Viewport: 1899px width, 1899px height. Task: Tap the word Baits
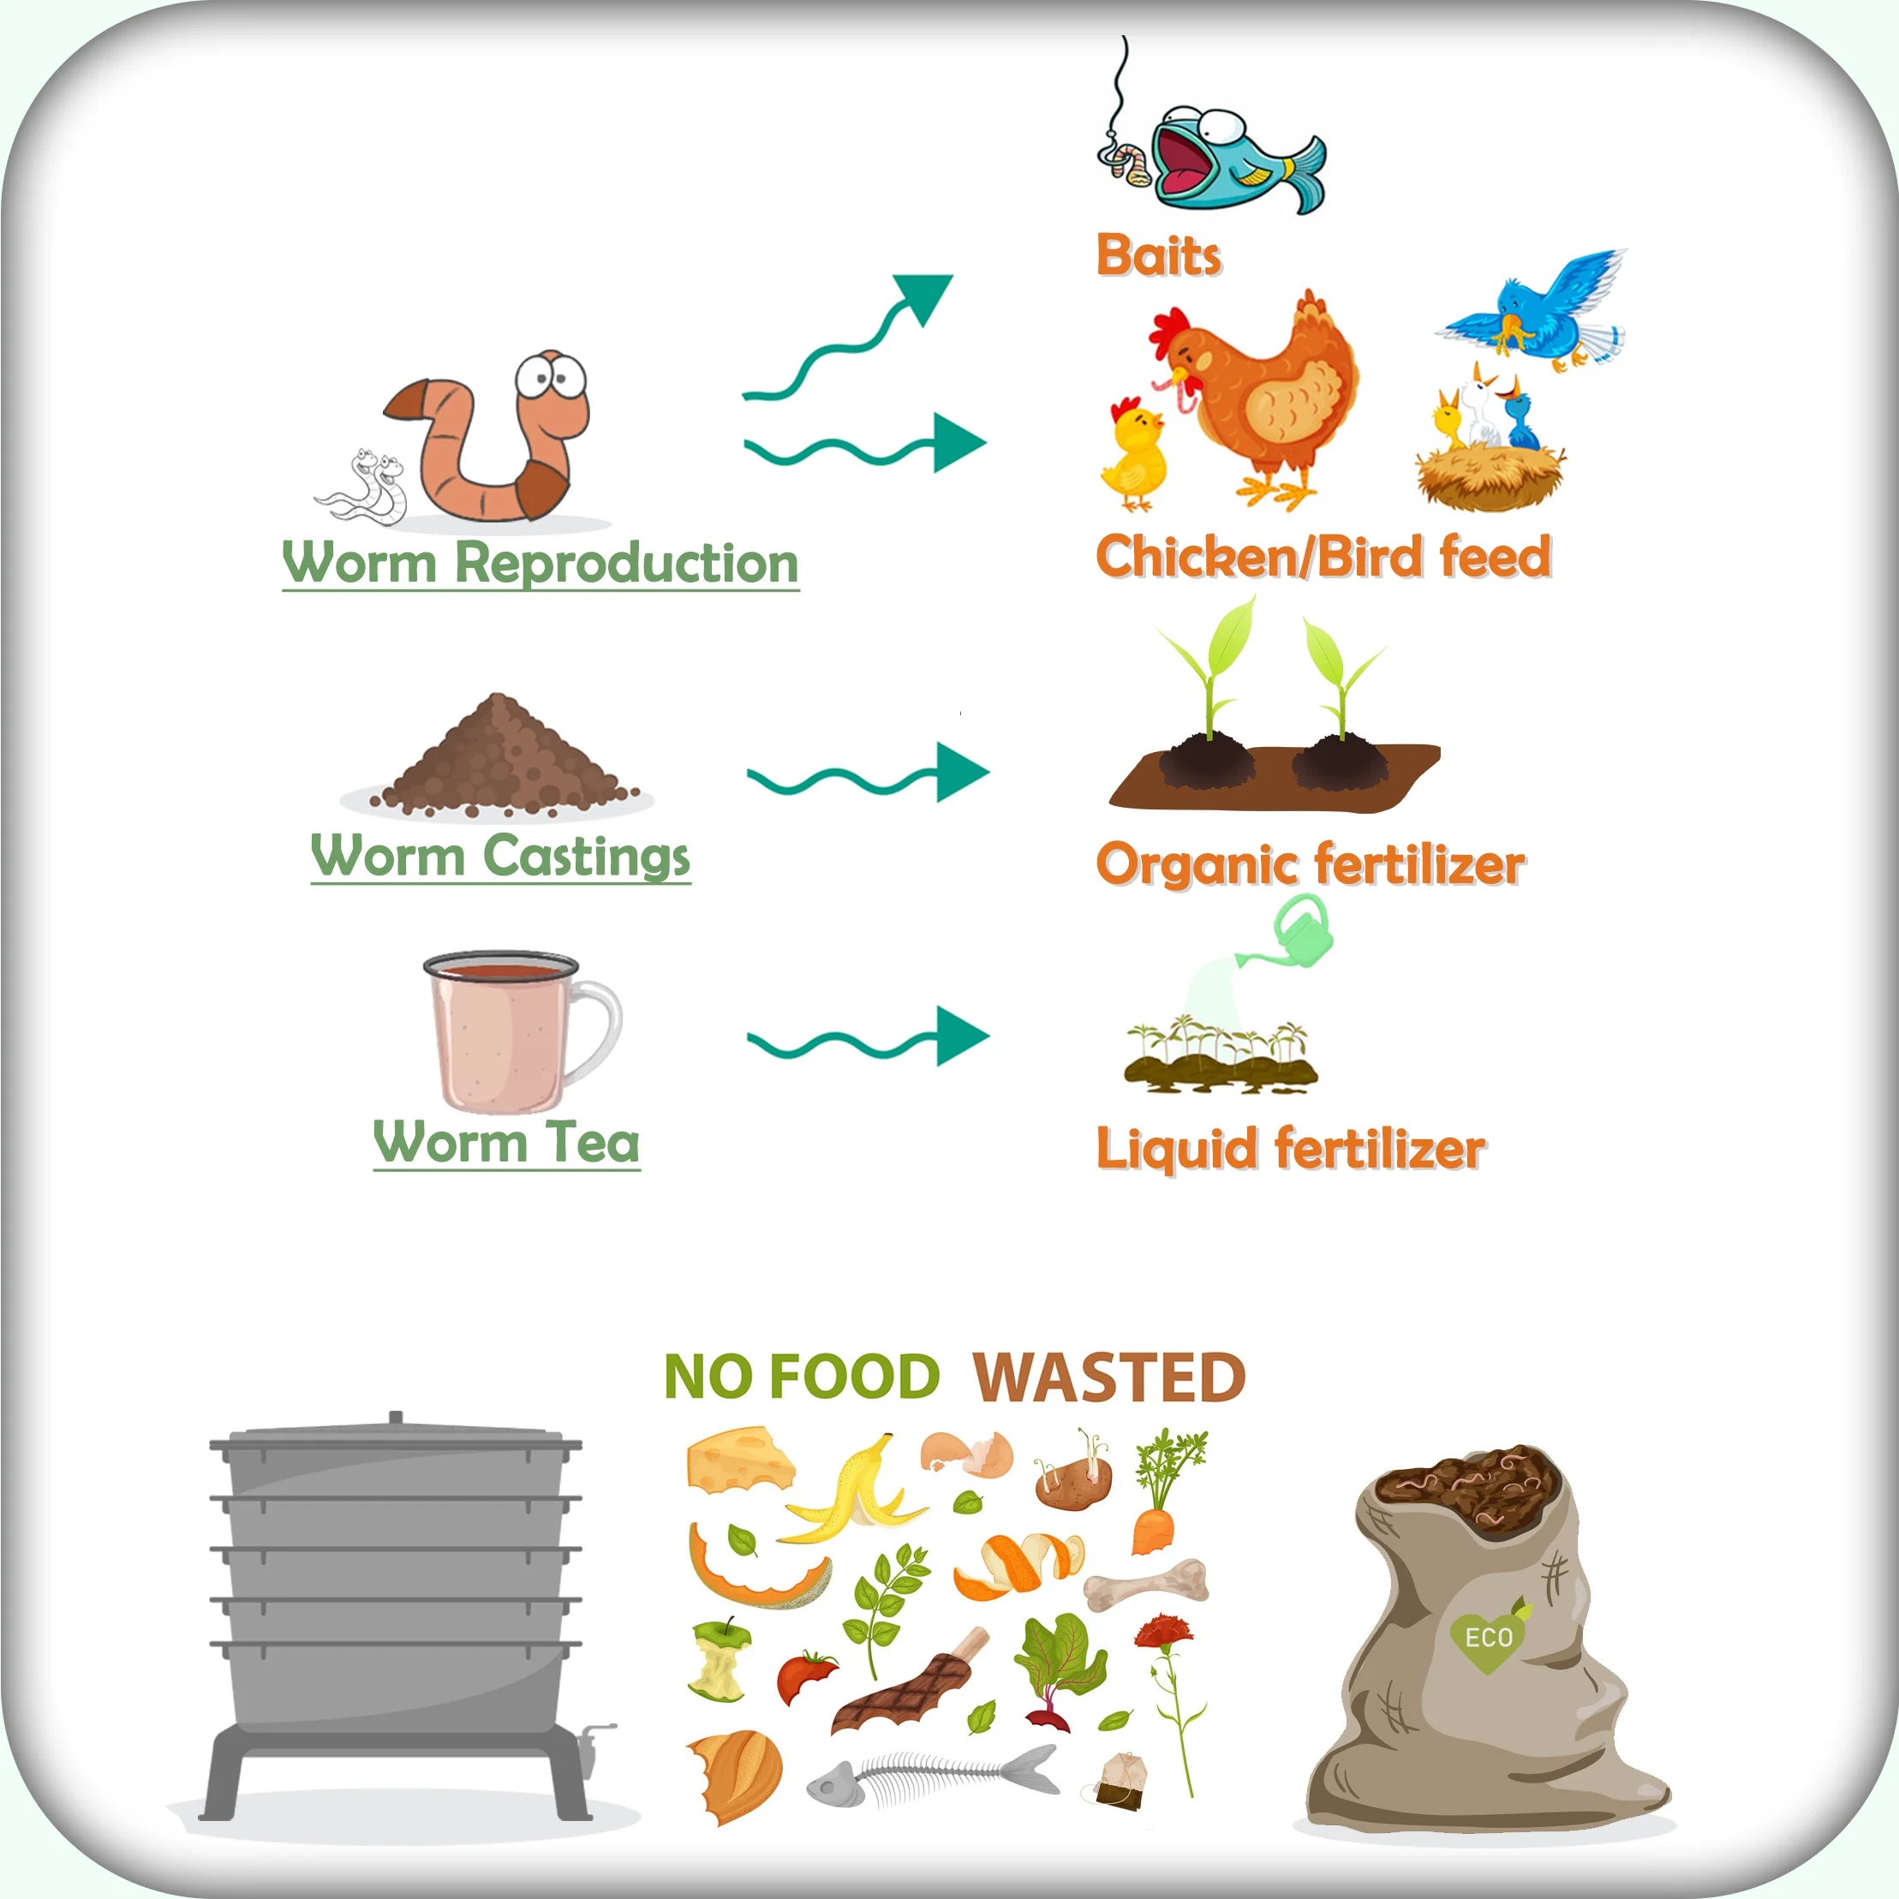[x=1158, y=255]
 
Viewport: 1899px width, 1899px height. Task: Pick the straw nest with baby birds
[x=1489, y=472]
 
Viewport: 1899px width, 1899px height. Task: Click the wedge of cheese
[x=738, y=1461]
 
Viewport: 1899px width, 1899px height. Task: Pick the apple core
[x=722, y=1661]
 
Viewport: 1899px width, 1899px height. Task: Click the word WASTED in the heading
[x=1108, y=1378]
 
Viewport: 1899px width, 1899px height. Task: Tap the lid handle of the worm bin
[x=395, y=1419]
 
